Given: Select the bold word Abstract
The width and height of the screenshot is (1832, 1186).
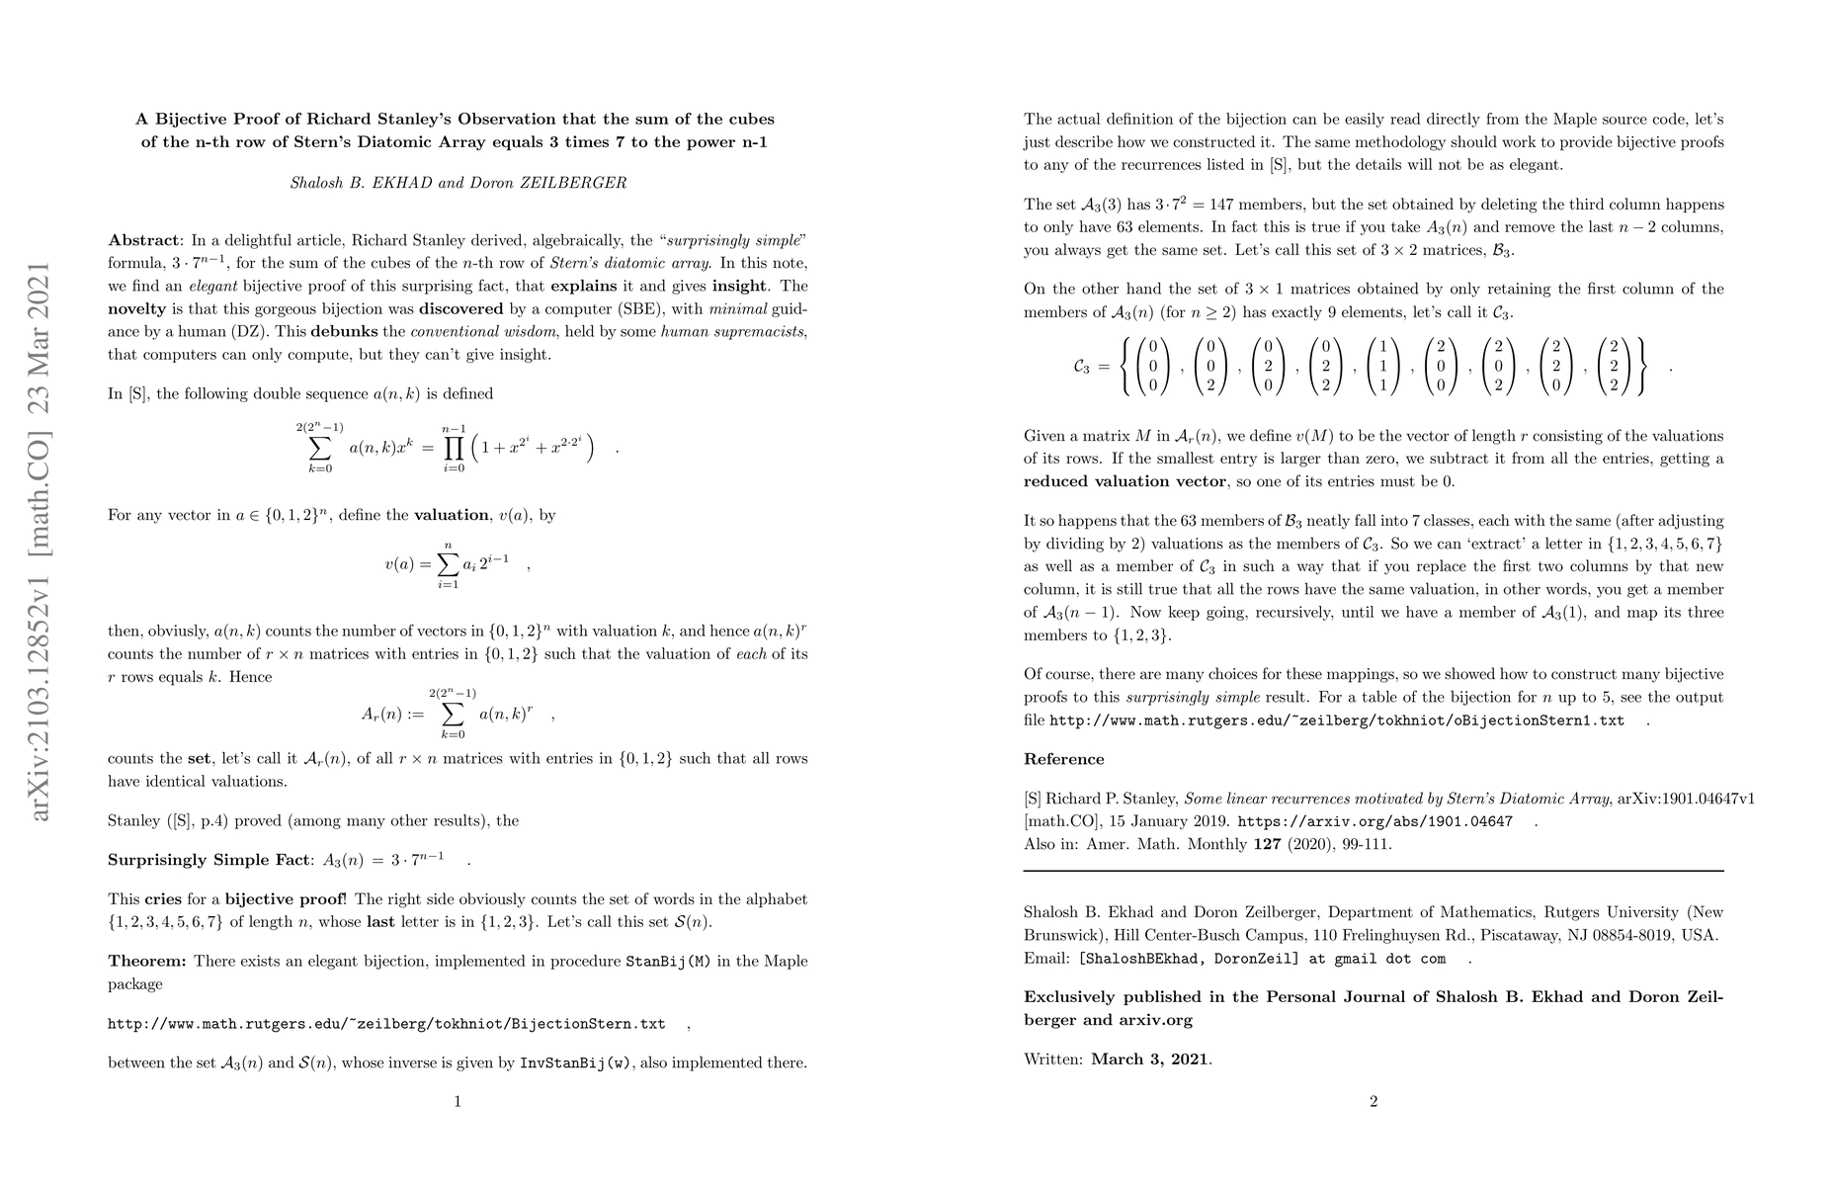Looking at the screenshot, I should pos(144,240).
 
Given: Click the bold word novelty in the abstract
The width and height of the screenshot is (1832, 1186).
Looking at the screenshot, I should pos(137,308).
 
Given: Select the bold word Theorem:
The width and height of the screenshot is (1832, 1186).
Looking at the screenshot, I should pos(147,962).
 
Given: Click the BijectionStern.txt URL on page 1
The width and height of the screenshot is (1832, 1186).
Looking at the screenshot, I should pos(386,1024).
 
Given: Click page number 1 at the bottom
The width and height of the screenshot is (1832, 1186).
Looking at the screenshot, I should pos(458,1101).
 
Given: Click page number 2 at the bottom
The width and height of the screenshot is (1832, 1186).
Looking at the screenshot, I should pos(1374,1101).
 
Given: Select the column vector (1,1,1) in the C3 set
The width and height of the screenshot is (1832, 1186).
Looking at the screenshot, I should pos(1384,367).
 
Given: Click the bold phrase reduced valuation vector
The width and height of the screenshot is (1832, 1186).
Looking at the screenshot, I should pos(1124,481).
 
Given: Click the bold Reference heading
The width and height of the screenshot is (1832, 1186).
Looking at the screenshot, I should pos(1063,759).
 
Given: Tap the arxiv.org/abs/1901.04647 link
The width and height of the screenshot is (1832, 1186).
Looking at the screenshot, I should pos(1374,821).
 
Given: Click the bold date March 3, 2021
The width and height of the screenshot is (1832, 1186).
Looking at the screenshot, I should pos(1149,1059).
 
